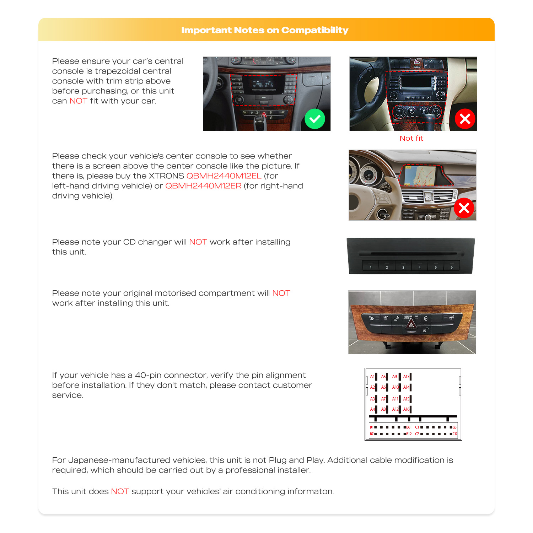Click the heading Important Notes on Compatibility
click(x=265, y=30)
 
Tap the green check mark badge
click(x=315, y=119)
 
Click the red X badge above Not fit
click(x=465, y=119)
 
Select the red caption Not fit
click(x=411, y=138)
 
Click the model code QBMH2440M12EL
click(x=224, y=176)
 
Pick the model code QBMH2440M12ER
click(x=203, y=186)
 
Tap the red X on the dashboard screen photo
click(x=464, y=208)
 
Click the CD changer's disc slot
click(x=408, y=254)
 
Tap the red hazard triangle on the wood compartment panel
click(x=411, y=324)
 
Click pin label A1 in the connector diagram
click(x=372, y=377)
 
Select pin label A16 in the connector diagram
click(x=406, y=409)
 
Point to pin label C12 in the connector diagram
click(x=454, y=434)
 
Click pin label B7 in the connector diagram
click(x=371, y=434)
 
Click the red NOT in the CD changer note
click(x=198, y=242)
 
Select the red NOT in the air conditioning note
click(x=120, y=491)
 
